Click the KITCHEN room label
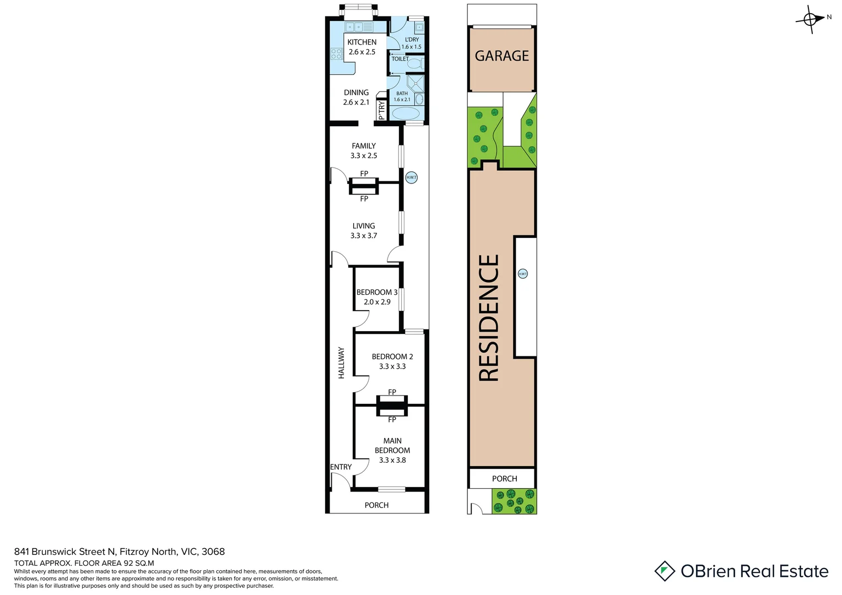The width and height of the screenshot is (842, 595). point(361,42)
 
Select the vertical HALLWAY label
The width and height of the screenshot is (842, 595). point(341,363)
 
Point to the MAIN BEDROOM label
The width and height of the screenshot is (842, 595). point(392,446)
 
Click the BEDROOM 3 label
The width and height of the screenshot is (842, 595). point(376,293)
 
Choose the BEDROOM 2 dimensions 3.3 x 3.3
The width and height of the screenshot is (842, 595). point(392,366)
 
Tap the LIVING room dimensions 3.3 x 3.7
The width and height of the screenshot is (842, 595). point(364,236)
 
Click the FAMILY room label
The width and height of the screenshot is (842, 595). point(364,146)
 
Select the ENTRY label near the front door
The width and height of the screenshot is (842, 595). point(341,467)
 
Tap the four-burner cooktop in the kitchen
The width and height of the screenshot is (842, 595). point(336,54)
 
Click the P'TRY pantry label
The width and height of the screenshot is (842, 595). point(381,110)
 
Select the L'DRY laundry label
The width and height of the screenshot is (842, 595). point(412,40)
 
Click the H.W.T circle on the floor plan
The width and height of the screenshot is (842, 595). point(411,177)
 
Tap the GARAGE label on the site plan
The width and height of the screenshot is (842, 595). point(501,56)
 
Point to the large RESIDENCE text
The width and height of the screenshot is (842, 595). point(489,318)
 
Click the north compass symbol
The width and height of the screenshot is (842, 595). point(810,20)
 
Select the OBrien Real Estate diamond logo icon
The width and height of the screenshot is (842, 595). point(665,571)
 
